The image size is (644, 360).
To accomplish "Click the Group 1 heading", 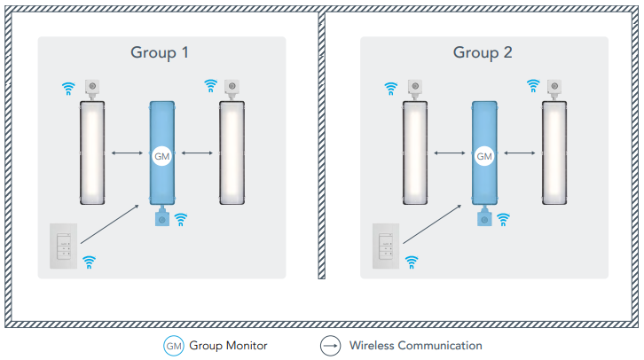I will [x=160, y=52].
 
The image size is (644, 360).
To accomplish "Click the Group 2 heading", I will [x=483, y=52].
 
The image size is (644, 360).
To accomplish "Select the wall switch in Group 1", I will [x=64, y=247].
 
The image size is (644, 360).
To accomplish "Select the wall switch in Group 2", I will [x=387, y=247].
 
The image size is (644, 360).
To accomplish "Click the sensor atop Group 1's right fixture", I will [x=232, y=87].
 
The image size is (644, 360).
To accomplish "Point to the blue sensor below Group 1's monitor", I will [x=161, y=218].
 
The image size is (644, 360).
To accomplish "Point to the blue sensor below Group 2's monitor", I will [x=484, y=218].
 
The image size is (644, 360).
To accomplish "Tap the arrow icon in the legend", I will [x=330, y=345].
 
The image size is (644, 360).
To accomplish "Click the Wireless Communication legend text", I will [x=415, y=345].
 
